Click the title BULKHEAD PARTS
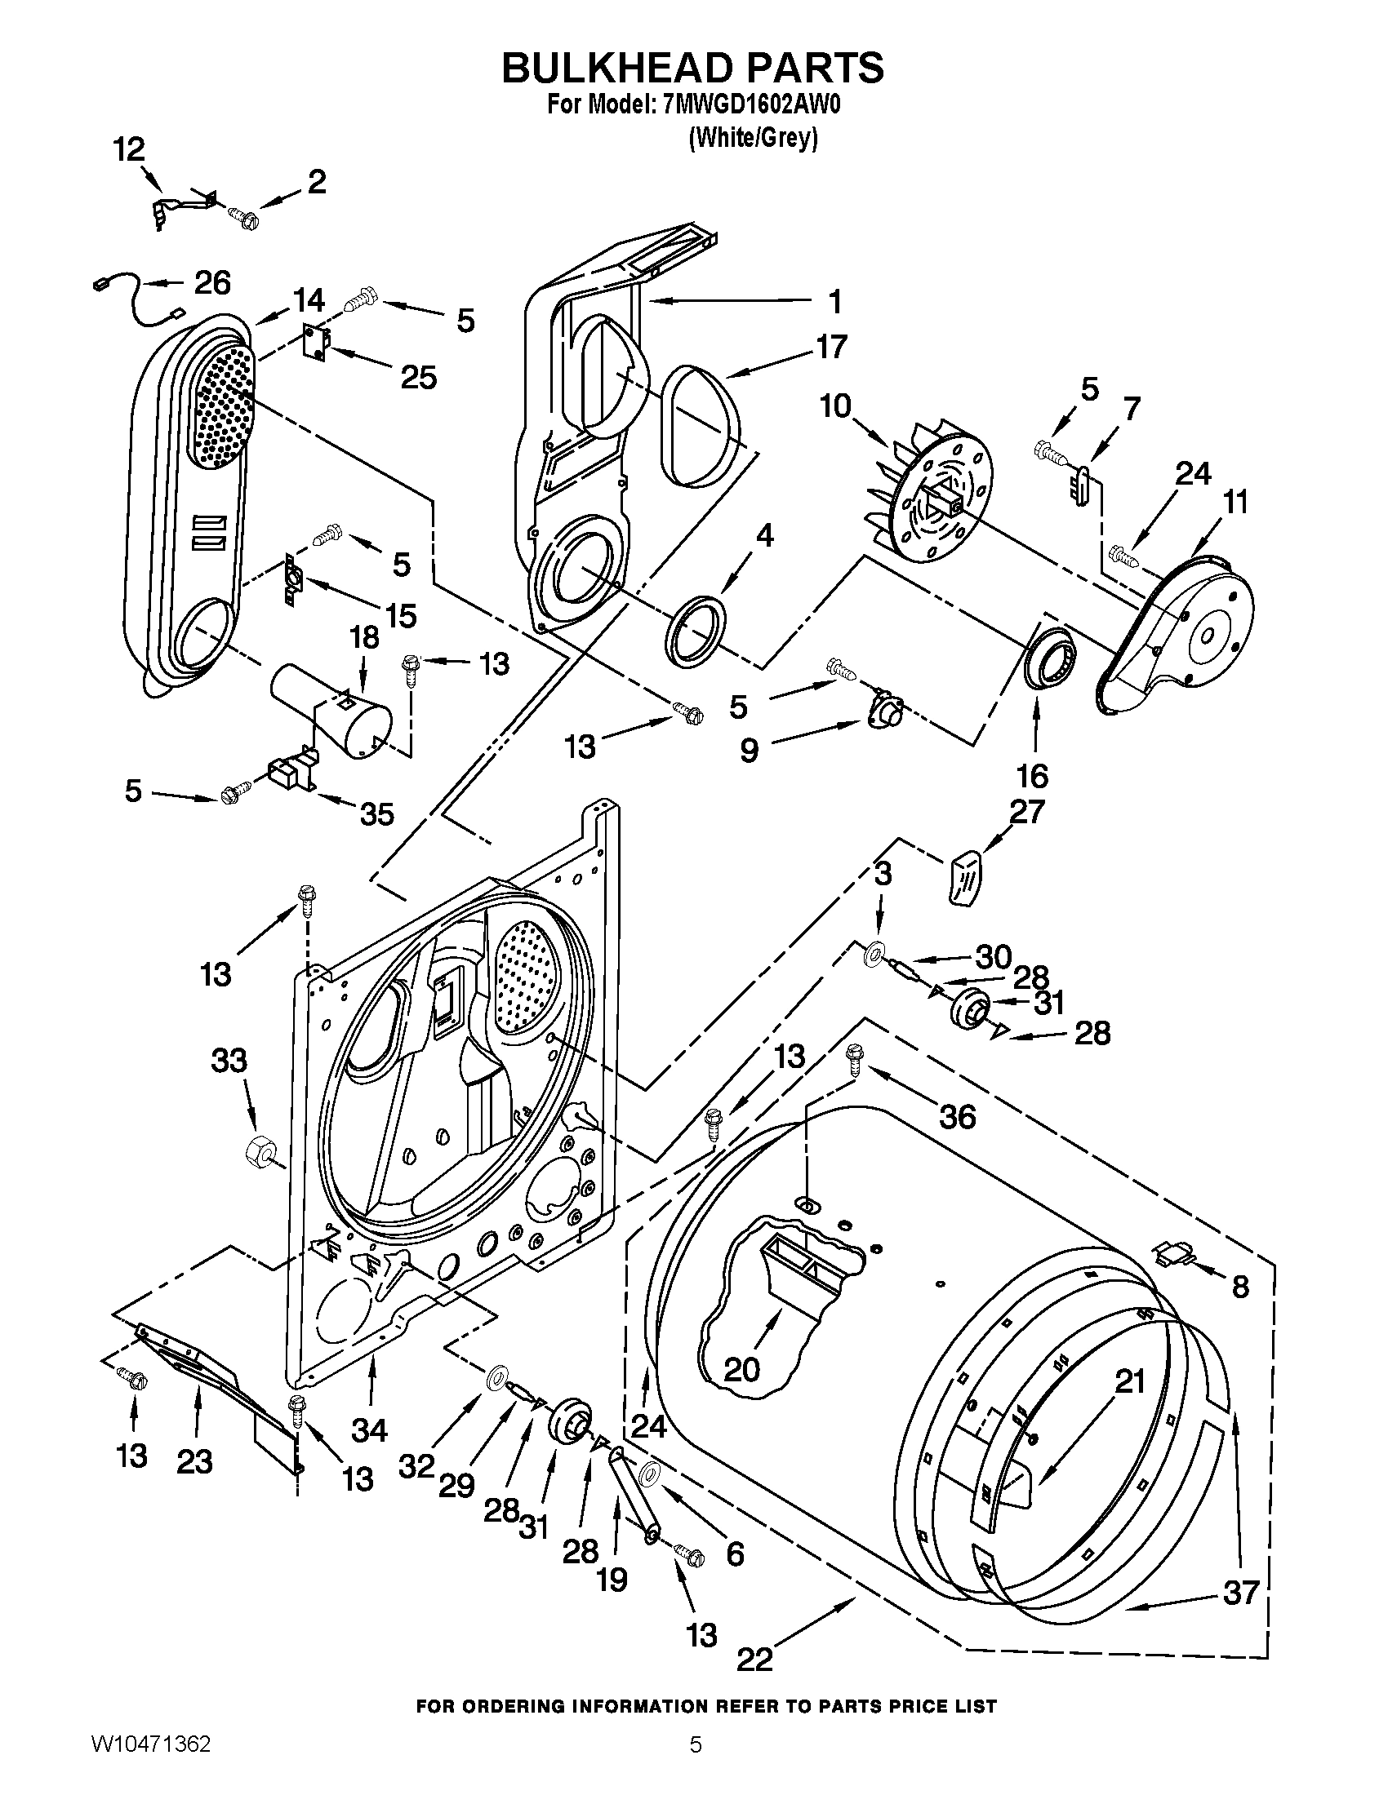(693, 68)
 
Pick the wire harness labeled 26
(136, 300)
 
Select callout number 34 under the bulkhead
(369, 1430)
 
